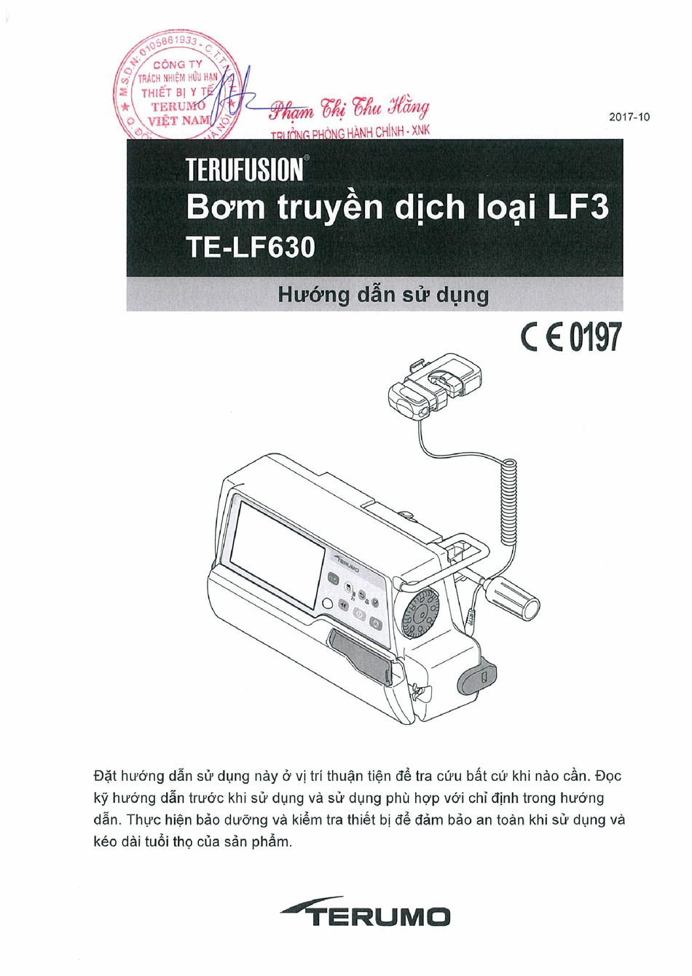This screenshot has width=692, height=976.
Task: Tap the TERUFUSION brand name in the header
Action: coord(244,169)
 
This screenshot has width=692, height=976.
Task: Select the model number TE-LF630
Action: coord(251,247)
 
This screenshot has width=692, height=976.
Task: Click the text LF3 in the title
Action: coord(578,207)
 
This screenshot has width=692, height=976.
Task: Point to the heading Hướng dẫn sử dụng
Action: coord(383,295)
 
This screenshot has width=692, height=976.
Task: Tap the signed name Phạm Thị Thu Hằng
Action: coord(350,109)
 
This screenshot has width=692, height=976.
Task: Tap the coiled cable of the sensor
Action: coord(509,502)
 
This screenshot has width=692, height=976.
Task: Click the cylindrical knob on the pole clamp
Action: coord(514,596)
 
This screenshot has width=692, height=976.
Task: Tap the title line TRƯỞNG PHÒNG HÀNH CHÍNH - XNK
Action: coord(350,135)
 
